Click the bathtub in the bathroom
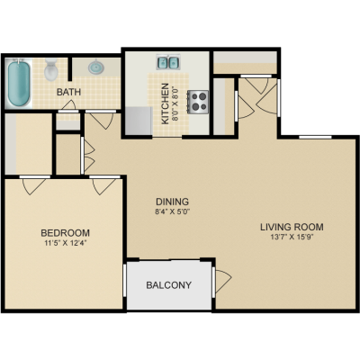(19, 83)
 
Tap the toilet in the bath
(50, 69)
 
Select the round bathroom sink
(96, 67)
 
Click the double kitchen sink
(168, 62)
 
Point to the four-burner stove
(198, 102)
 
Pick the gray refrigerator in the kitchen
(139, 121)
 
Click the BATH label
(68, 92)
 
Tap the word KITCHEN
(166, 103)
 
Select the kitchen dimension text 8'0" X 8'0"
(175, 103)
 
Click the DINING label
(172, 202)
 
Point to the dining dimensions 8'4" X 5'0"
(172, 211)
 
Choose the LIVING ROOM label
(292, 227)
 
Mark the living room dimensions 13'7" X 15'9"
(292, 238)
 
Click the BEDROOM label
(65, 233)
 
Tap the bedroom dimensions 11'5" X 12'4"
(66, 243)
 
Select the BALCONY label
(168, 285)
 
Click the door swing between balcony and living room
(223, 281)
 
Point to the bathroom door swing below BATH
(68, 105)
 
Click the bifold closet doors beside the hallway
(89, 155)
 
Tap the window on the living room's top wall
(315, 137)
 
